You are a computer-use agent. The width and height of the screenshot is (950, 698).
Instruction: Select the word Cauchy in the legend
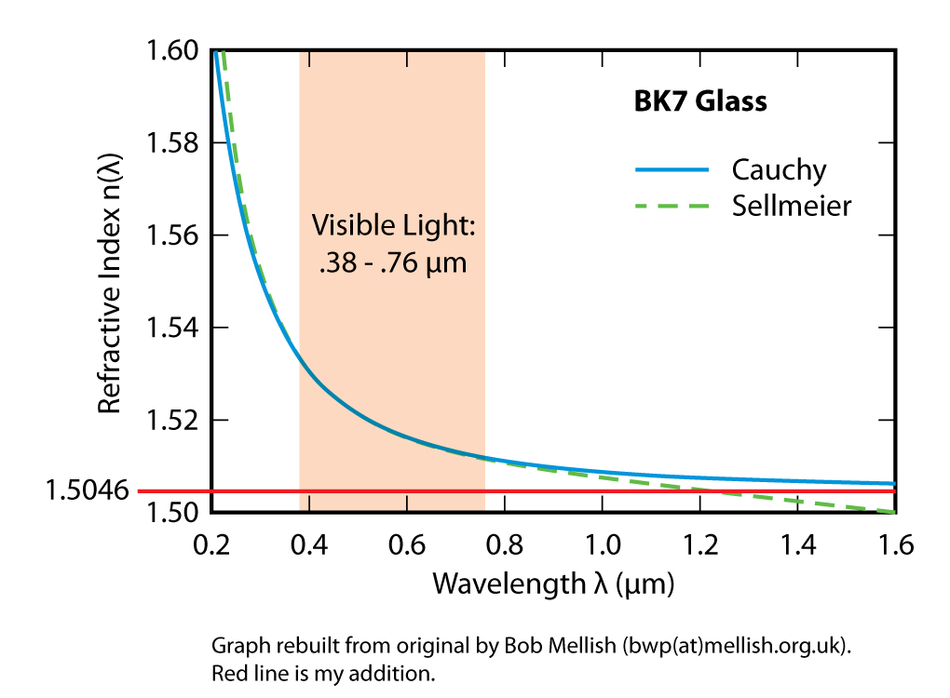click(779, 170)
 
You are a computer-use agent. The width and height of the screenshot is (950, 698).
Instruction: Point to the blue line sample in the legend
click(672, 170)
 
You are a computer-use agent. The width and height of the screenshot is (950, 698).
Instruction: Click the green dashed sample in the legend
click(672, 205)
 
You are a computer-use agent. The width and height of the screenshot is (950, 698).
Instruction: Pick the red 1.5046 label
click(87, 490)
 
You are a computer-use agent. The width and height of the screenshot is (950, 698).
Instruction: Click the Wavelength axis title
click(552, 584)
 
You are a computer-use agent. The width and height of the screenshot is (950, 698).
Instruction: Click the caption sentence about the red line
click(324, 670)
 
